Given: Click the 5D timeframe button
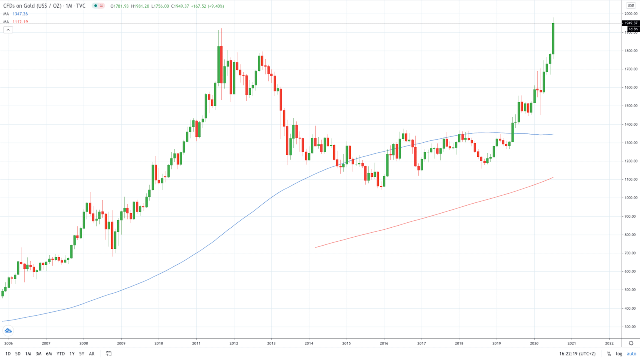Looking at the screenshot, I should [18, 354].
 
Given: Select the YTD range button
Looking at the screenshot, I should [60, 354].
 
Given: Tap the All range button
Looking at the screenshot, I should [92, 354].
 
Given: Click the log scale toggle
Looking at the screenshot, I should [619, 354].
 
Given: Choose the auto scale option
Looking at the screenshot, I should [631, 354].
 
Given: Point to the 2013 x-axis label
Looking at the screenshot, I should [271, 343].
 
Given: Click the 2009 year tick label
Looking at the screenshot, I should [121, 343].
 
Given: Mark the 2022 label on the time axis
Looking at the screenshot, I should [609, 343].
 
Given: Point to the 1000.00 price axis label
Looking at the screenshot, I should [631, 198].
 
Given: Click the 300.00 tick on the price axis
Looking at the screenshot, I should [631, 327].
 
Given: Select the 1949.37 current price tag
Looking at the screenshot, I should [631, 23].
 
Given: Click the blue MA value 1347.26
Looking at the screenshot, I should [20, 14].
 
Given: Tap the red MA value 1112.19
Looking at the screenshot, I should [20, 22].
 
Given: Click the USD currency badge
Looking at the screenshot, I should [631, 5].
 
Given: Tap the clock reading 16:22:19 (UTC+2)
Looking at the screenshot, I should [577, 354].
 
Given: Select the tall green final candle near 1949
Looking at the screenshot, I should [553, 38].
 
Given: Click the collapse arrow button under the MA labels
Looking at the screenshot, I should [8, 30].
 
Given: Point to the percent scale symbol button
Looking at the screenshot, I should [609, 354].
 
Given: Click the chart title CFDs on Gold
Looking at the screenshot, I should [32, 6].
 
